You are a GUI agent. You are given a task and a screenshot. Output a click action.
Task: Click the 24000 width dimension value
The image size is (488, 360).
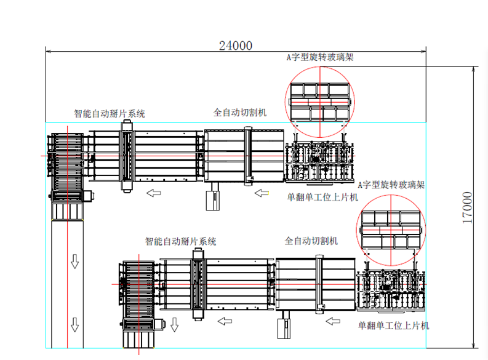coord(236,44)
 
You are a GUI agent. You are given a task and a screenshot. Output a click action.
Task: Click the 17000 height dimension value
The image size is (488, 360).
coord(468,207)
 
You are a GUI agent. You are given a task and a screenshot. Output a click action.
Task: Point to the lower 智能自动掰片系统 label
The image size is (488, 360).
coord(180,242)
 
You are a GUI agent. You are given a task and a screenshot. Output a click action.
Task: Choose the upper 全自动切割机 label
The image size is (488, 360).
coord(240,113)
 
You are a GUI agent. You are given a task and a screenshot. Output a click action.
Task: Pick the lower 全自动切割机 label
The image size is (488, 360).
coord(311,241)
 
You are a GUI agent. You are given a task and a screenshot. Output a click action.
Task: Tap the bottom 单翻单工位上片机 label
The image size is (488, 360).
coord(394,325)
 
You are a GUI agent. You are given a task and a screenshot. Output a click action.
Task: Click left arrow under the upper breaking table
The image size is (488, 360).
coord(153,193)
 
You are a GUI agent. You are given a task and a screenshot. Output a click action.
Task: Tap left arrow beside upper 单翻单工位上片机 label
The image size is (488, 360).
coord(262,193)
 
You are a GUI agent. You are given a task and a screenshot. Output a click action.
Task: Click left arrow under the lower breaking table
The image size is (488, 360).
coord(225,321)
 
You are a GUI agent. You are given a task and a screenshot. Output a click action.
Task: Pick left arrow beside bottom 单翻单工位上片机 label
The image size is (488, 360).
coord(333,321)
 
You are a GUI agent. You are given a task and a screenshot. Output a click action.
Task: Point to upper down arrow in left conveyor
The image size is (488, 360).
coord(75,263)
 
